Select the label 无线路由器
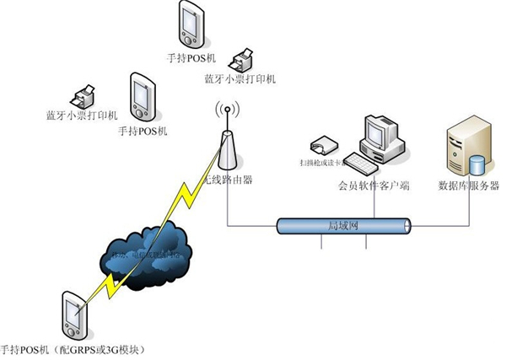coord(229,179)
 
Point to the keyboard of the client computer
coord(367,160)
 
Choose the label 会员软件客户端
coord(368,185)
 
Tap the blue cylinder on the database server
coord(476,162)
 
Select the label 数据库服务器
coord(469,185)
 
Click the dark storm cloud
coord(150,250)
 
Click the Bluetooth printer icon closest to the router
coord(245,59)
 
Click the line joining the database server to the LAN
coord(469,211)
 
